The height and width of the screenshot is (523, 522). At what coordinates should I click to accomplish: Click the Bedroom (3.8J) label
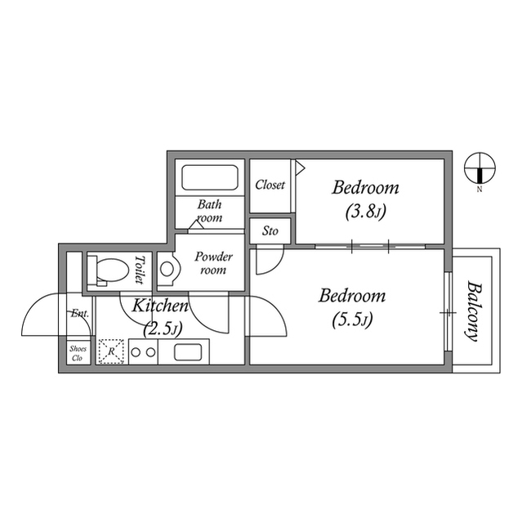365,199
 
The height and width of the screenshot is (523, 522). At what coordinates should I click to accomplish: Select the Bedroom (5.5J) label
352,306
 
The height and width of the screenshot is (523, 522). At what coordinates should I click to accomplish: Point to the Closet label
270,185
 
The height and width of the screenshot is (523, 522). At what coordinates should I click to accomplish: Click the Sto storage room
270,231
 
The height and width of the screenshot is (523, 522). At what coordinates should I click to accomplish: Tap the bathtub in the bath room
209,178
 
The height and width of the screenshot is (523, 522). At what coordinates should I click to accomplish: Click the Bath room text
210,212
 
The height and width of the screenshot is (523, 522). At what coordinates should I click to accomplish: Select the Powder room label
213,263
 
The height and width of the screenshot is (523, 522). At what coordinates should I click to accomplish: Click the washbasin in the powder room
167,269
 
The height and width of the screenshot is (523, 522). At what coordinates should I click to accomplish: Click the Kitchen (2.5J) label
161,317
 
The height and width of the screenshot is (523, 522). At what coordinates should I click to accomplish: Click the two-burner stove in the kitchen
143,352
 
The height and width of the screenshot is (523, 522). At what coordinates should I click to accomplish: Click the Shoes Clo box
78,353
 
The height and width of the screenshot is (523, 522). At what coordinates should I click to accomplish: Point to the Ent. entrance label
79,314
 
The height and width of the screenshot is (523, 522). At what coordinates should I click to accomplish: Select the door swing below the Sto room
267,261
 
